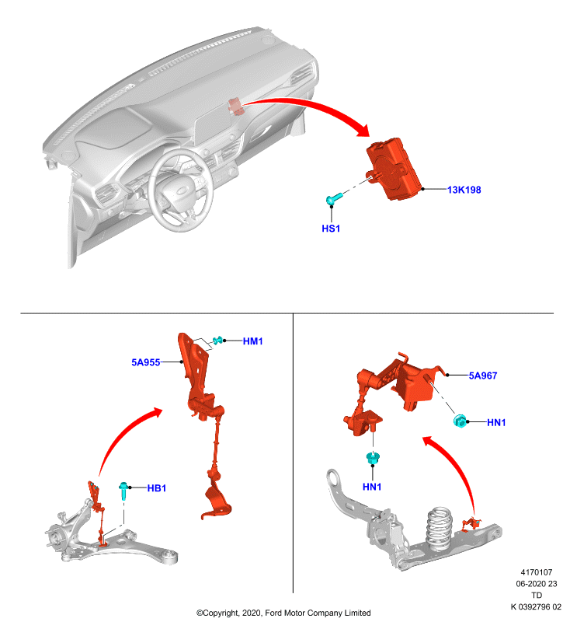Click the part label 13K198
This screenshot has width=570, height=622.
pyautogui.click(x=464, y=190)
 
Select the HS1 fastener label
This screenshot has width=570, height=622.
pyautogui.click(x=331, y=229)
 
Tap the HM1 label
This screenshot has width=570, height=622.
pyautogui.click(x=252, y=341)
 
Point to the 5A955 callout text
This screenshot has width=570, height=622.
pyautogui.click(x=146, y=362)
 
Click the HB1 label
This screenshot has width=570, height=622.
pyautogui.click(x=156, y=488)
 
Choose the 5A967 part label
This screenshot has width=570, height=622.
pyautogui.click(x=483, y=376)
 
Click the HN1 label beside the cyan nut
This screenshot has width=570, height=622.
pyautogui.click(x=496, y=423)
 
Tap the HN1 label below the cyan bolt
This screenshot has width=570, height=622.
pyautogui.click(x=372, y=487)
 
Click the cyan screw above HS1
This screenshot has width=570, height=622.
pyautogui.click(x=334, y=198)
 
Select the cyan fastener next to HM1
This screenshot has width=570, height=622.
pyautogui.click(x=217, y=341)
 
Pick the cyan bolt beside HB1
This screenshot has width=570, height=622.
pyautogui.click(x=123, y=491)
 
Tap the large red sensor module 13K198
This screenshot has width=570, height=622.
pyautogui.click(x=394, y=169)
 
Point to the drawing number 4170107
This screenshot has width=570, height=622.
pyautogui.click(x=537, y=572)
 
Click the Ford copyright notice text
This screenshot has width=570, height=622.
pyautogui.click(x=283, y=613)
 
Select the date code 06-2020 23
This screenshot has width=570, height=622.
pyautogui.click(x=537, y=584)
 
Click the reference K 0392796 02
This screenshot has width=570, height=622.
pyautogui.click(x=536, y=606)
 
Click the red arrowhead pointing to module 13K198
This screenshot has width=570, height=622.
pyautogui.click(x=363, y=130)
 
